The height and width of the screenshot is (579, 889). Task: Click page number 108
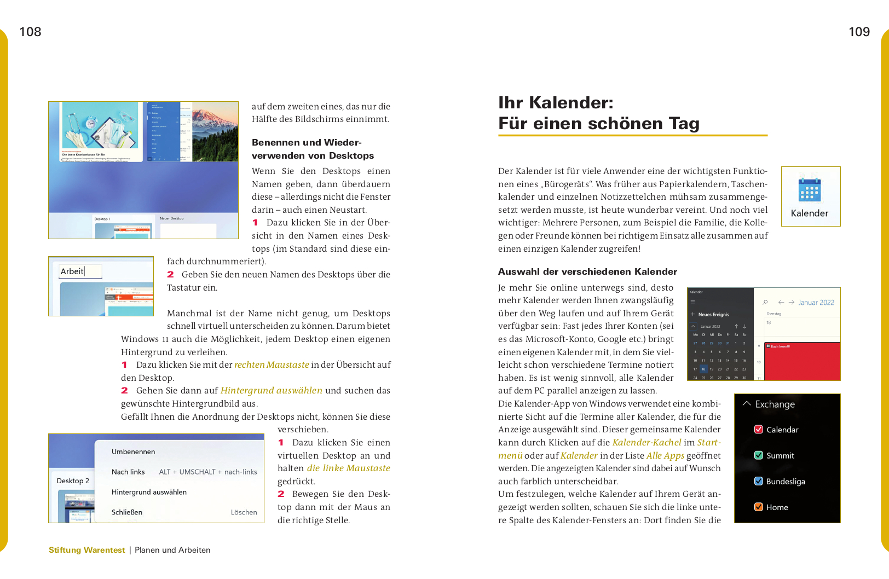tap(30, 32)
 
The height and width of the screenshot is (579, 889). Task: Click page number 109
tap(859, 32)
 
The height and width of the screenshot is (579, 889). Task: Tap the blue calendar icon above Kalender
tap(809, 188)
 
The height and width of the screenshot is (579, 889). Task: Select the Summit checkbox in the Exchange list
tap(759, 455)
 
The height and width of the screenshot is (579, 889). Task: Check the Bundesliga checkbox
tap(759, 481)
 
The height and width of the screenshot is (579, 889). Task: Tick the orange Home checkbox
tap(759, 507)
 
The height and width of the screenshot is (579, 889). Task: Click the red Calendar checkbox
tap(759, 430)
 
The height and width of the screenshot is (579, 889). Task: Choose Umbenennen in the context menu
tap(133, 451)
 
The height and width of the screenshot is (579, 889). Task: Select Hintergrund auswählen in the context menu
tap(149, 492)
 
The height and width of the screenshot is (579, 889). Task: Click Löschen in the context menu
tap(244, 512)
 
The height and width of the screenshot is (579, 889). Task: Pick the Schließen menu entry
tap(127, 512)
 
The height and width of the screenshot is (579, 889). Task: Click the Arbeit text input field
tap(80, 271)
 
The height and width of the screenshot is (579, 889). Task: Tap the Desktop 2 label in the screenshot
tap(73, 480)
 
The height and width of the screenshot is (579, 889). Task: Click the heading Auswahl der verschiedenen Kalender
tap(587, 271)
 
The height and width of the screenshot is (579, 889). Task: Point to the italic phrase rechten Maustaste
tap(272, 364)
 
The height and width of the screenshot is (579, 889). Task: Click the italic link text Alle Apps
tap(665, 455)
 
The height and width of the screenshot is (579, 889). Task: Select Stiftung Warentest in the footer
tap(86, 550)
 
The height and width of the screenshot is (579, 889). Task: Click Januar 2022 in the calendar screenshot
tap(816, 302)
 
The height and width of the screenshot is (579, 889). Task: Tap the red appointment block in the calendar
tap(802, 361)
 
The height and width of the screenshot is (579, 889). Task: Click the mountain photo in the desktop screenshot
tap(215, 131)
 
